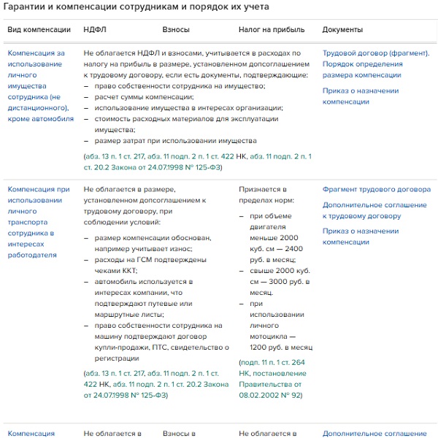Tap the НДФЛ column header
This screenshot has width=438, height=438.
click(94, 30)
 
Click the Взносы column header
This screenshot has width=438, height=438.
click(176, 30)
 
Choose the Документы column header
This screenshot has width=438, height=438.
click(342, 30)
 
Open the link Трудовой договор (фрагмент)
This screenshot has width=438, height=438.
click(376, 53)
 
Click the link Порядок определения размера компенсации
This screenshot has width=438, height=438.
click(362, 69)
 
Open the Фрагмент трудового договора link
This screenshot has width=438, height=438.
click(377, 189)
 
